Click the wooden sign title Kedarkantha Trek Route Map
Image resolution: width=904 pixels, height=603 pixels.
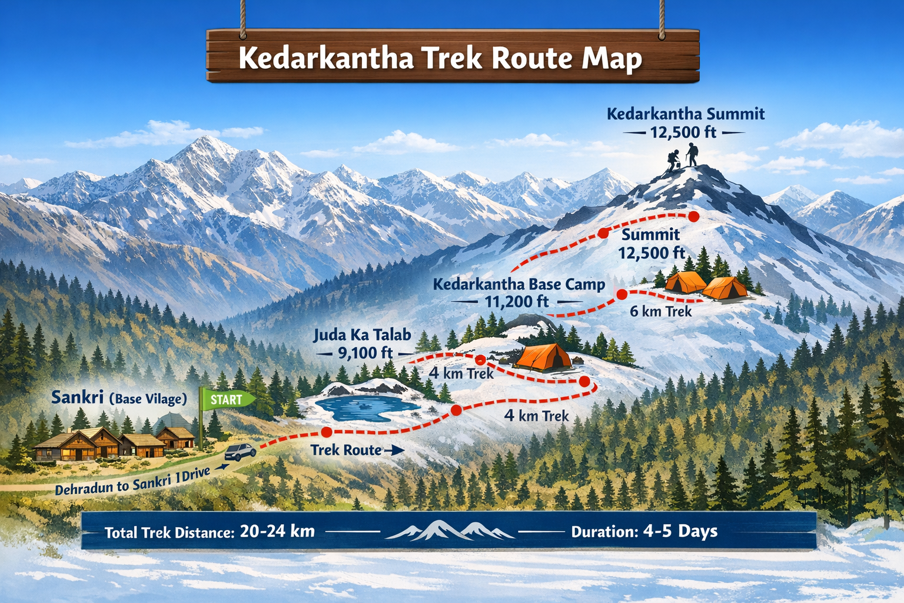click(440, 58)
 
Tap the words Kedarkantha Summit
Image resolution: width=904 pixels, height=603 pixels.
click(686, 114)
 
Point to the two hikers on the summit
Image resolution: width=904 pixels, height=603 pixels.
click(683, 158)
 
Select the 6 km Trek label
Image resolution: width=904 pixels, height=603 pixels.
click(660, 311)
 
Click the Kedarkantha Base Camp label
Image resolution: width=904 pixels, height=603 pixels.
click(519, 284)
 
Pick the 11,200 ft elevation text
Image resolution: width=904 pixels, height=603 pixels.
click(516, 302)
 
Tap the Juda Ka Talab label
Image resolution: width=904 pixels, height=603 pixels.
click(362, 335)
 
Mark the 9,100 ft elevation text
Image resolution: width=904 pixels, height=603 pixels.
click(365, 353)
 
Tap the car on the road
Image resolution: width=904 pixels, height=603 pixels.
click(240, 452)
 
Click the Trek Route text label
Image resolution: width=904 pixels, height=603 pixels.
click(346, 450)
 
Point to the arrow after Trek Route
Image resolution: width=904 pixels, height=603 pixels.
click(394, 451)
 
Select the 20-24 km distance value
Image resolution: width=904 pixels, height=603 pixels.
click(278, 531)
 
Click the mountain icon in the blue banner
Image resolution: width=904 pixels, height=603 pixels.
click(450, 530)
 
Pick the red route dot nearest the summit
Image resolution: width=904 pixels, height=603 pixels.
click(694, 216)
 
